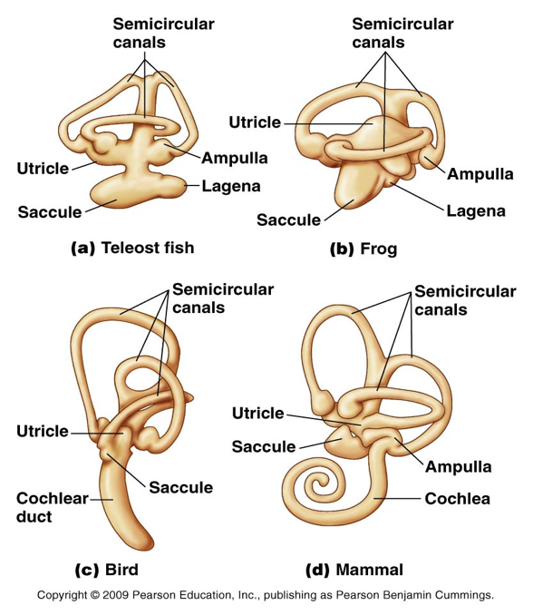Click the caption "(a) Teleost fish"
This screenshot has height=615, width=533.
pyautogui.click(x=131, y=247)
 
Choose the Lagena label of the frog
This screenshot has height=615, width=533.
pyautogui.click(x=475, y=211)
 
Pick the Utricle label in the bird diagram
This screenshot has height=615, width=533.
pyautogui.click(x=43, y=430)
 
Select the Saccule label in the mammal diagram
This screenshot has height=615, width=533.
pyautogui.click(x=264, y=445)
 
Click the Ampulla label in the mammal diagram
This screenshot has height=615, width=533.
pyautogui.click(x=460, y=467)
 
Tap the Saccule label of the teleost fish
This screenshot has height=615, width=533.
pyautogui.click(x=49, y=212)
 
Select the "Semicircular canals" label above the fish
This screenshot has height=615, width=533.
pyautogui.click(x=163, y=33)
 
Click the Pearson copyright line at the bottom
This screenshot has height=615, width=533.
pyautogui.click(x=266, y=597)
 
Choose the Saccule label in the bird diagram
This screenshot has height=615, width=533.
pyautogui.click(x=181, y=488)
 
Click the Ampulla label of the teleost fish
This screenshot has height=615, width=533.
pyautogui.click(x=234, y=157)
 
